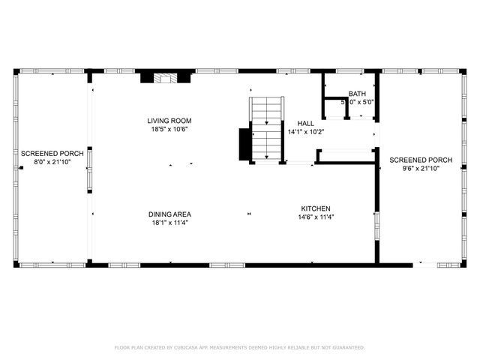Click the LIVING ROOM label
point(169,121)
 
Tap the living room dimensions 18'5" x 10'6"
point(169,129)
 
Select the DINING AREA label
point(169,214)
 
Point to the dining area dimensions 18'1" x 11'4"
point(169,223)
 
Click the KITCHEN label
point(316,208)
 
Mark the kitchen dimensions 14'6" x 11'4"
point(316,217)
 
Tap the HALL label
point(306,123)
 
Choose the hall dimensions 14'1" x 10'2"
point(306,132)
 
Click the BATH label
point(357,92)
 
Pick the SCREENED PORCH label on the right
point(420,160)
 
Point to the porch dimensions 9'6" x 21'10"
point(420,169)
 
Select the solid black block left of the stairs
point(244,145)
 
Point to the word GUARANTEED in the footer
point(346,348)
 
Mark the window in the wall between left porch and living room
point(88,160)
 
